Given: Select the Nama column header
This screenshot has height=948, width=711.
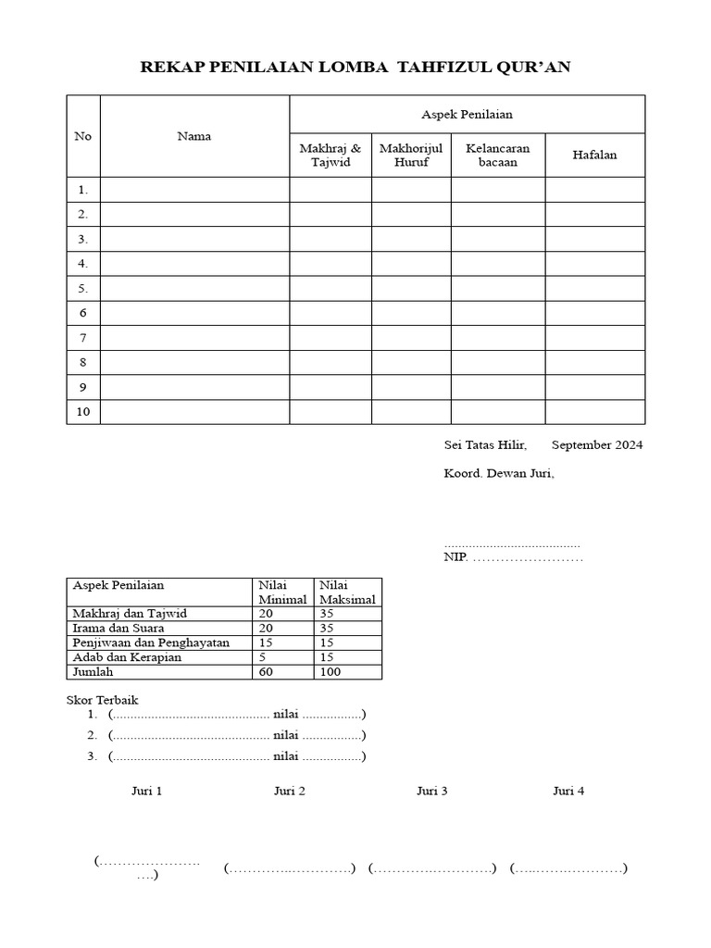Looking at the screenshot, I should point(193,136).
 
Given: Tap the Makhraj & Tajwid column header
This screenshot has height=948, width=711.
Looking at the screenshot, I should point(331,155).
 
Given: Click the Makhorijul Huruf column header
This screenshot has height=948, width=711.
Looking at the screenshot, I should point(411,155).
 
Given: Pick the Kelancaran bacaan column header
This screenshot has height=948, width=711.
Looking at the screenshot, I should point(498,155).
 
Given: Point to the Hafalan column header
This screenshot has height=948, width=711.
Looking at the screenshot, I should point(594,155).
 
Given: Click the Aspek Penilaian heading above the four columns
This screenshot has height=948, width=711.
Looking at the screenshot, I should point(467,114).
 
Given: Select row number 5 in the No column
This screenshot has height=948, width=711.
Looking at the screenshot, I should point(82,288).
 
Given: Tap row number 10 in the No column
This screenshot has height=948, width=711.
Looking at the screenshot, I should point(83,412).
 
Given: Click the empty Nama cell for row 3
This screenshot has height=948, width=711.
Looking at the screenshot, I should point(194,239).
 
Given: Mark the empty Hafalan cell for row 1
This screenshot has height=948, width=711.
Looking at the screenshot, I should point(594,190).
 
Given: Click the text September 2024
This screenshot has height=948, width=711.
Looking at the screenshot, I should point(597,445).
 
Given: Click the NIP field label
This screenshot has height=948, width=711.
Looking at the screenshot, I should point(457,557).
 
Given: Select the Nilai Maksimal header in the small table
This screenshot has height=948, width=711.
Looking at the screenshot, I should point(348,592).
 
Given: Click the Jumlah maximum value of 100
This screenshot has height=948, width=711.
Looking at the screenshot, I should point(331,672).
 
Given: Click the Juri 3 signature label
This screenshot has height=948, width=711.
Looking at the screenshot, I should point(432,791).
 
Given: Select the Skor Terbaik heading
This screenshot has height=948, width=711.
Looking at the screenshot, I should point(102,700).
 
